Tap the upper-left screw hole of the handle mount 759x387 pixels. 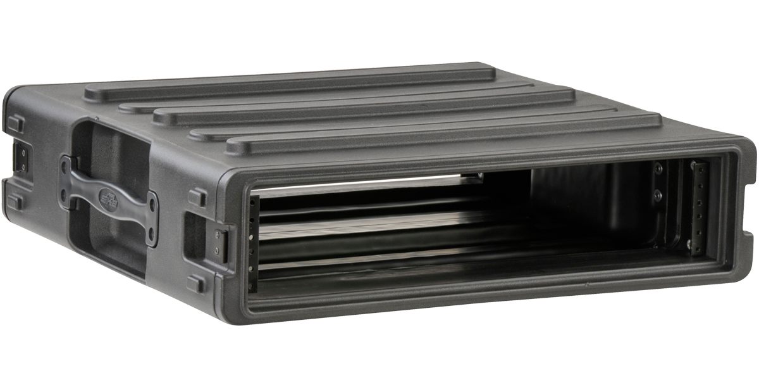[65, 163]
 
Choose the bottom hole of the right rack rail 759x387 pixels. [698, 243]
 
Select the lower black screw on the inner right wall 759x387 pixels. [658, 196]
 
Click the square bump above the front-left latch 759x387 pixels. [198, 197]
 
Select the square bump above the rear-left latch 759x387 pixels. [16, 124]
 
